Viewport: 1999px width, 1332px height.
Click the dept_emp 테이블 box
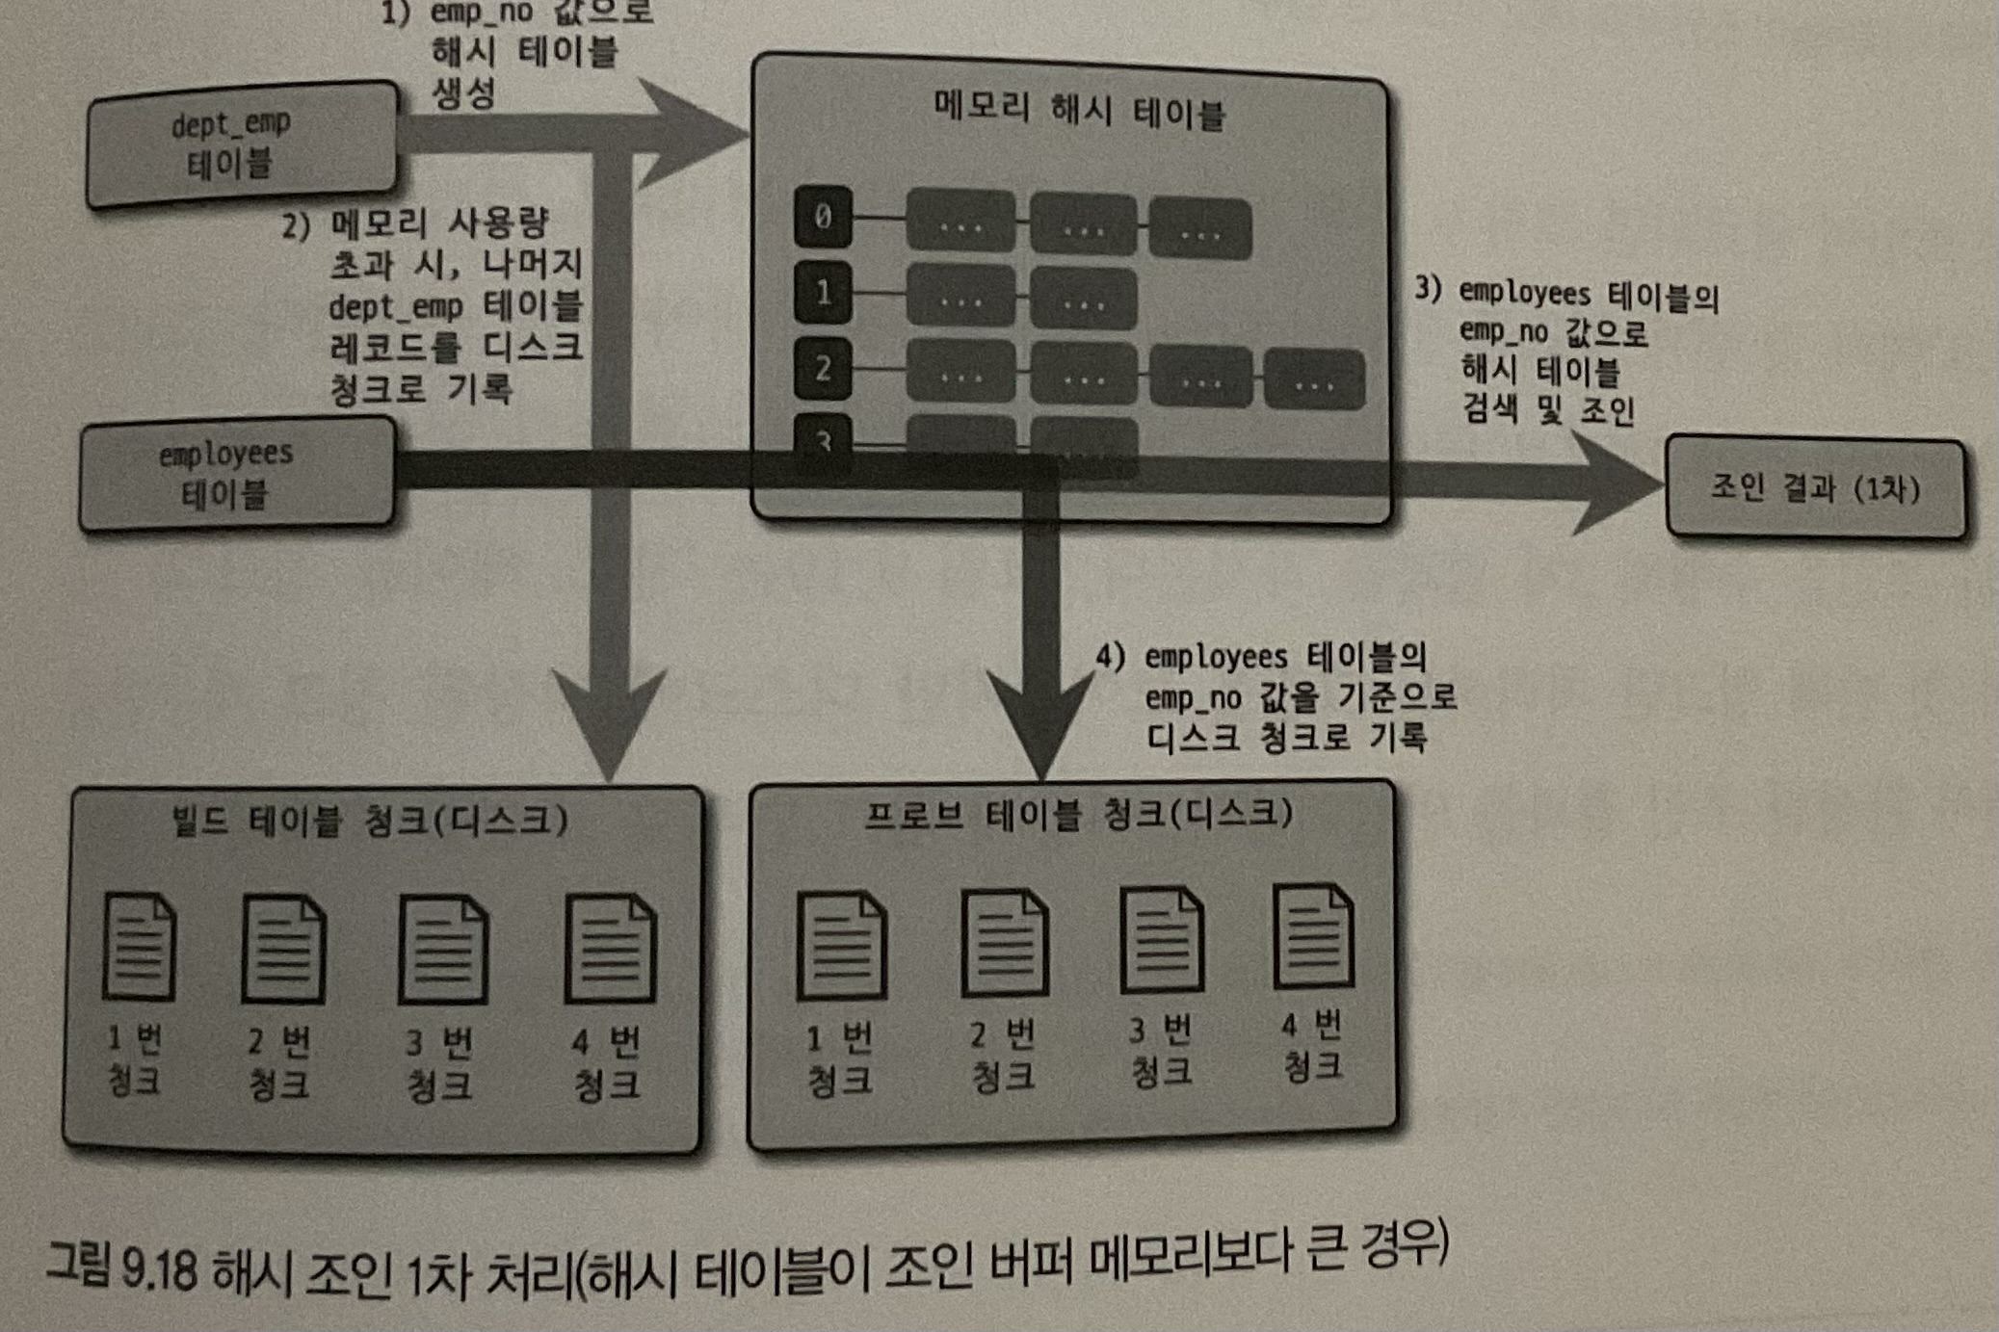[241, 144]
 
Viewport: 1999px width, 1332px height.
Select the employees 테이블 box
[237, 474]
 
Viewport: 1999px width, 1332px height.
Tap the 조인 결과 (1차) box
[1815, 487]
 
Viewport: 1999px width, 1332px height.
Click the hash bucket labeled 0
[822, 218]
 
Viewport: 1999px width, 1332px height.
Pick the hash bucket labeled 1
[822, 292]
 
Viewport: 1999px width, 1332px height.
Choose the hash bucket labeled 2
[822, 368]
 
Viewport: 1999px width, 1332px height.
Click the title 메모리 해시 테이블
[1079, 112]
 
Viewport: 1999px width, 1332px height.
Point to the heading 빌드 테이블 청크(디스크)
[370, 821]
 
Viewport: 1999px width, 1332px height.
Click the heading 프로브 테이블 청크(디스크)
[1077, 815]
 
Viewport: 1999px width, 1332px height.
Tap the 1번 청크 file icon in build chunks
[140, 948]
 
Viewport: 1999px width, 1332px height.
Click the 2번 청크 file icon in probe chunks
[1004, 943]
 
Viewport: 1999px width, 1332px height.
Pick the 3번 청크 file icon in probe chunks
[1161, 940]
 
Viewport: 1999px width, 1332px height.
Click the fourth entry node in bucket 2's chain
[1314, 380]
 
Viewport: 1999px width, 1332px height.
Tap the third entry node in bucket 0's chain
[1199, 229]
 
